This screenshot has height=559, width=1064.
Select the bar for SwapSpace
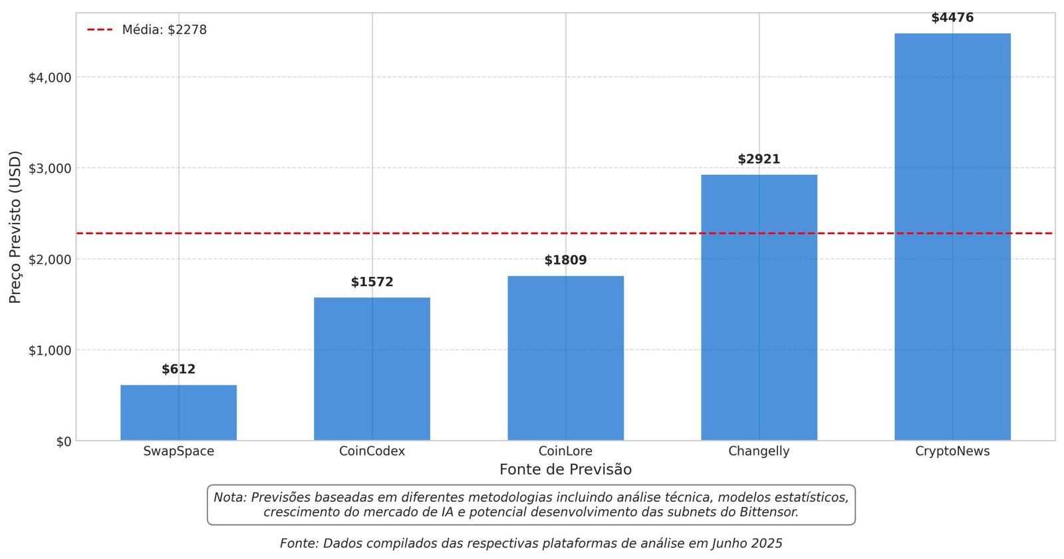coord(178,413)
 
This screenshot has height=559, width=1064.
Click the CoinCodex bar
coord(372,369)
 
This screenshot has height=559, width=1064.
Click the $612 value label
coord(178,369)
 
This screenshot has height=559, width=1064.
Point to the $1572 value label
coord(372,282)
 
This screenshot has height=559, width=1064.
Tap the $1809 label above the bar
coord(565,260)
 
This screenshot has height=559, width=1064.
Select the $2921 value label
coord(759,159)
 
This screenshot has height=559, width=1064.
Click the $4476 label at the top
coord(952,18)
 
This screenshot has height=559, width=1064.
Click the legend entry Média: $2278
coord(164,30)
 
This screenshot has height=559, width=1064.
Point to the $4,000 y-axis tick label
coord(50,78)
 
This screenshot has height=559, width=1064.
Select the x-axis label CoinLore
coord(565,451)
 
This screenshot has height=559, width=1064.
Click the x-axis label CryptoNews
coord(952,451)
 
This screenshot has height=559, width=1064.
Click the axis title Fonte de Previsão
coord(565,470)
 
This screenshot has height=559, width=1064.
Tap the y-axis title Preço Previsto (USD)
coord(15,227)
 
